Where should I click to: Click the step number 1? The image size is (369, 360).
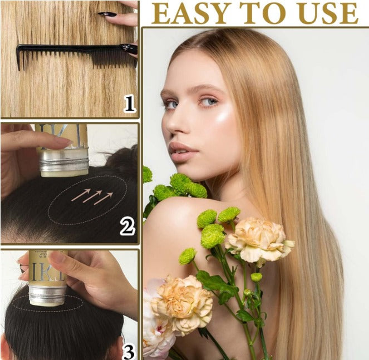tap(129, 103)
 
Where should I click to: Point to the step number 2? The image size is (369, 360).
tap(127, 226)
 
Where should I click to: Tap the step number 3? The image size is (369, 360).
tap(128, 351)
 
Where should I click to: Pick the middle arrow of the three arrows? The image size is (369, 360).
tap(92, 196)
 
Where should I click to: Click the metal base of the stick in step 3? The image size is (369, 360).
tap(47, 295)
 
